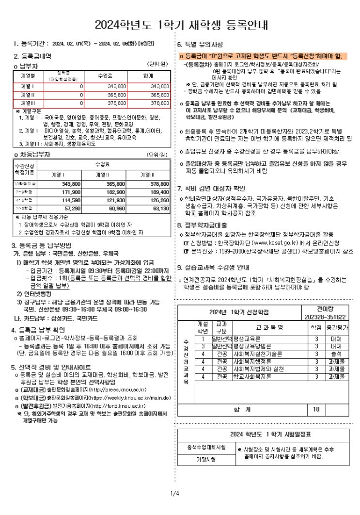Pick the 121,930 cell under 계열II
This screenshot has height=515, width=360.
[115, 200]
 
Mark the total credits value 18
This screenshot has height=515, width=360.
[316, 409]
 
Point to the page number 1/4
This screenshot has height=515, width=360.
[175, 494]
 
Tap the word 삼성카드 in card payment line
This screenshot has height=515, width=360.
[72, 318]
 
